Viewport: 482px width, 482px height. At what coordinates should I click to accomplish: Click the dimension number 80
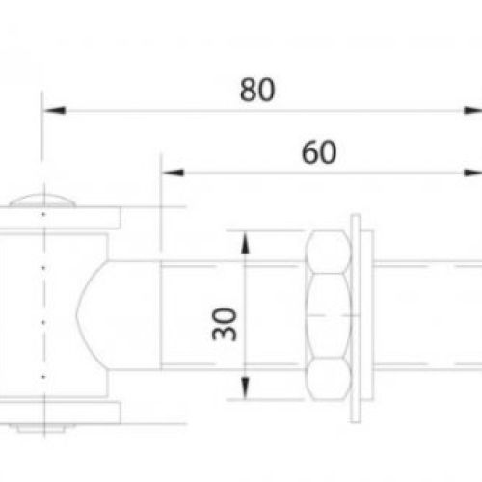click(x=257, y=90)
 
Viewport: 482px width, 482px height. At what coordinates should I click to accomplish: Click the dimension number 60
click(x=319, y=152)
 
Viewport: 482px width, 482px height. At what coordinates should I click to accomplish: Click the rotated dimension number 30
click(x=225, y=324)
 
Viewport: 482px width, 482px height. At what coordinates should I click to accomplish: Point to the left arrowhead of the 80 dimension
click(x=54, y=111)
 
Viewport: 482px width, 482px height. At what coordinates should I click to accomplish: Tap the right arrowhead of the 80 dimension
click(x=472, y=111)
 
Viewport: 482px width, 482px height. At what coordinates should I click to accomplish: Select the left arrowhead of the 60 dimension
click(x=173, y=173)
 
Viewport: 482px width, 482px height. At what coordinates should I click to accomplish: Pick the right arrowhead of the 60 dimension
click(x=472, y=173)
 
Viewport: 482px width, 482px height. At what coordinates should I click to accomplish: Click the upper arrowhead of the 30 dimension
click(x=245, y=243)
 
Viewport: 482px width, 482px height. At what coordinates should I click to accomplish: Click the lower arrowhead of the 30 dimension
click(x=245, y=388)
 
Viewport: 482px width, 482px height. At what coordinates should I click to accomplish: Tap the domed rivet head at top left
click(x=42, y=201)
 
